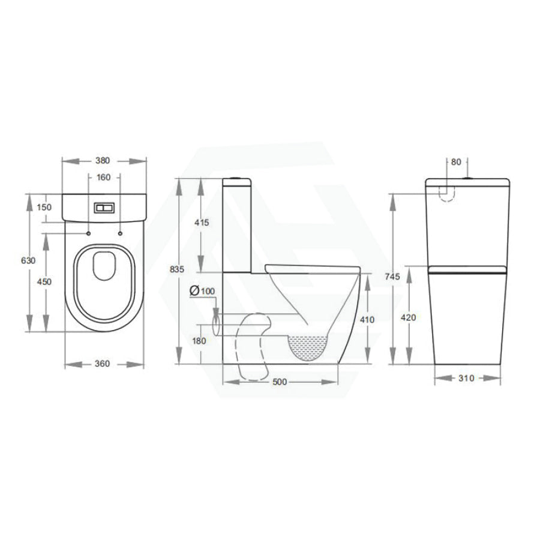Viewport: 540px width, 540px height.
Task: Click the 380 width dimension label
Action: pos(103,160)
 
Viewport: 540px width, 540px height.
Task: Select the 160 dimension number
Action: pos(104,178)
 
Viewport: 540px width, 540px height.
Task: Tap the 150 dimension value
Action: pos(44,207)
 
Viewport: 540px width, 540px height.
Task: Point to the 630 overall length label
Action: pos(28,261)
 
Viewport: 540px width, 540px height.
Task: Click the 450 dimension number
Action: pos(44,282)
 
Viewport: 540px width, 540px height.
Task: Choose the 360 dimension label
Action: pos(102,364)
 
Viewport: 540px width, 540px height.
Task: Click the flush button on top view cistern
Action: pos(104,208)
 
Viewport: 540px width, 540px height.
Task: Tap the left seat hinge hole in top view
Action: pos(89,234)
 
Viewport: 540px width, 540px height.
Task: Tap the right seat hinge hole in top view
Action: pos(120,234)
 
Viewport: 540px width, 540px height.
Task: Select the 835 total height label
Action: pos(177,269)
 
